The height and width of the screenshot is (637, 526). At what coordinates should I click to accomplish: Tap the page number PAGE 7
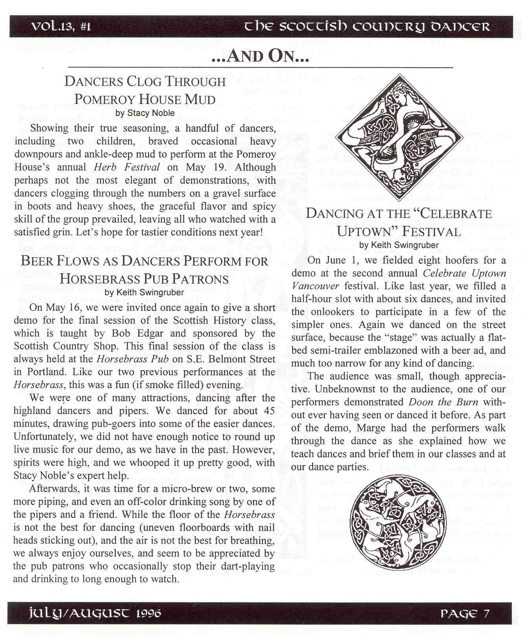(465, 613)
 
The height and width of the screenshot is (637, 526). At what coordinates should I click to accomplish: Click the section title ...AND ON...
(260, 56)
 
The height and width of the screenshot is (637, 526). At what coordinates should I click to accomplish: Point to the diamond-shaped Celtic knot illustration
(399, 138)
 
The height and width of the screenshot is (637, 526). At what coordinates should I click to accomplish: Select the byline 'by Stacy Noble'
(145, 113)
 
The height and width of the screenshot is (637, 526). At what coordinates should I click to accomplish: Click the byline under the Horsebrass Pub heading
(144, 292)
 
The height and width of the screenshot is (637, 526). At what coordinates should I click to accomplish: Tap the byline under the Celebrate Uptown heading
(399, 245)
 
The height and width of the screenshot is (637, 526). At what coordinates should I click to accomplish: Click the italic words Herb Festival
(127, 167)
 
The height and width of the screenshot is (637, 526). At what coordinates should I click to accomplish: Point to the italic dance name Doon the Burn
(444, 402)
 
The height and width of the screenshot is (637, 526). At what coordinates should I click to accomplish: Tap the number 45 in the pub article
(268, 411)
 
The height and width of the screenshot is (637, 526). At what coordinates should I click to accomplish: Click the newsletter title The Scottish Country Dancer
(367, 27)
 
